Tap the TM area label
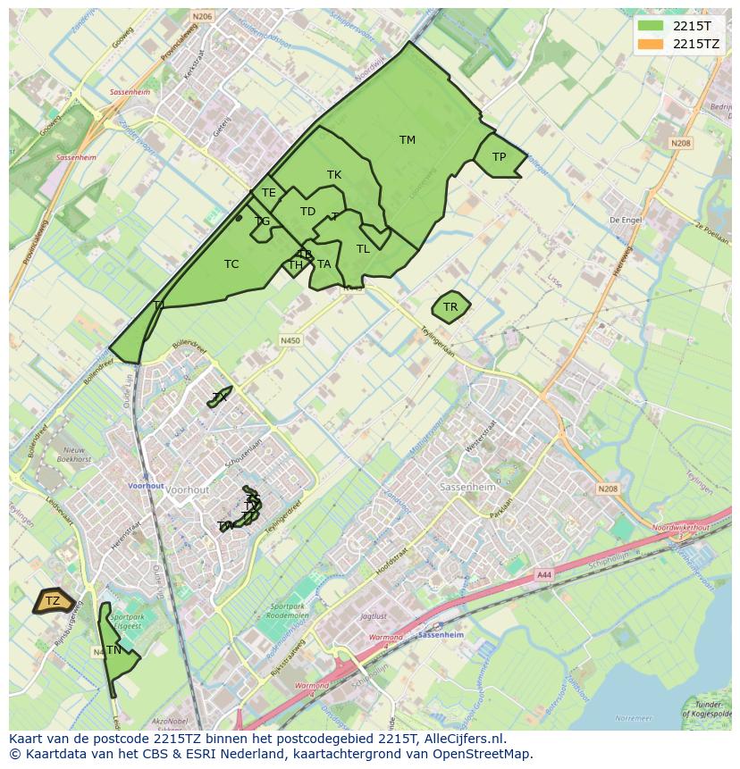[x=408, y=140]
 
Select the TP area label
[x=499, y=157]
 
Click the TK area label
[x=334, y=175]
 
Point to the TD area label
[x=307, y=212]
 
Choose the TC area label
[x=231, y=264]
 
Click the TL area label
[x=363, y=249]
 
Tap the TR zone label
[x=450, y=307]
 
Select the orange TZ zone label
[x=53, y=601]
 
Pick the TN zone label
[x=114, y=650]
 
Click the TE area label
[x=268, y=193]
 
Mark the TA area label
[x=324, y=264]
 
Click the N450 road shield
[x=290, y=340]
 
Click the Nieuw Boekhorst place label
[x=72, y=455]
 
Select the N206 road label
[x=202, y=16]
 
